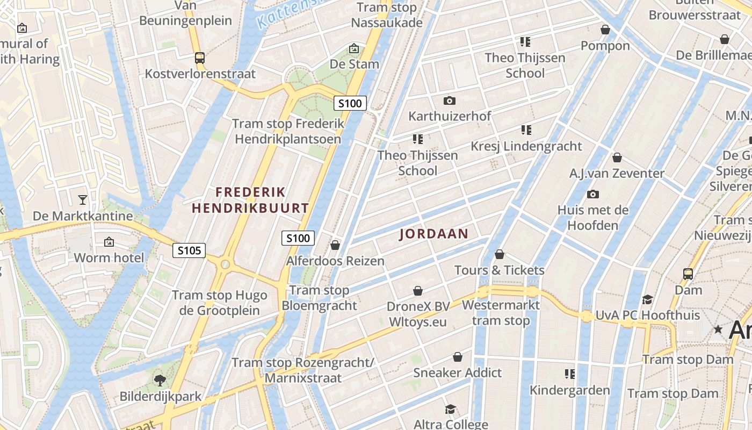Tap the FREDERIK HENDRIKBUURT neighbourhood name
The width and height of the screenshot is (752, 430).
[x=250, y=200]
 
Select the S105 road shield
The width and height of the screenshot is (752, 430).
[x=189, y=250]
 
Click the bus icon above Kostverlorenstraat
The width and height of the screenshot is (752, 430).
[x=200, y=58]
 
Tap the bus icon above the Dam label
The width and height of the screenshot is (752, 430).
[x=688, y=274]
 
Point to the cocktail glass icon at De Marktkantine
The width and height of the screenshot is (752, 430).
[x=82, y=200]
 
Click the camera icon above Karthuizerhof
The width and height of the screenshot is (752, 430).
[x=450, y=101]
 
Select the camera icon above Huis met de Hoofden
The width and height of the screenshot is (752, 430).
[x=593, y=194]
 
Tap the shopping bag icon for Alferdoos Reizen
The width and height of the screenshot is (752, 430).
[x=335, y=245]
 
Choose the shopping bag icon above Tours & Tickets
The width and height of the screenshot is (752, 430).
[x=500, y=254]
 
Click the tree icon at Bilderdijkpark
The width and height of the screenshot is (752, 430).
[x=160, y=381]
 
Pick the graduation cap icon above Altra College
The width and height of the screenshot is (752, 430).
[x=450, y=409]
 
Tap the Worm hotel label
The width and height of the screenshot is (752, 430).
[x=109, y=257]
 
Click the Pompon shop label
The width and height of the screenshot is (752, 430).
[x=605, y=46]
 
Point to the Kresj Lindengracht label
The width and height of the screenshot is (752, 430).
[x=526, y=146]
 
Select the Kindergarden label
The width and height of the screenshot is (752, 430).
[x=570, y=390]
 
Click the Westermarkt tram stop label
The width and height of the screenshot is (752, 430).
[x=501, y=313]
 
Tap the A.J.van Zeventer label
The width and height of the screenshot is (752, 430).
[x=617, y=174]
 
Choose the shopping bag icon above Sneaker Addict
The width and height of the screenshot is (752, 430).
[x=458, y=357]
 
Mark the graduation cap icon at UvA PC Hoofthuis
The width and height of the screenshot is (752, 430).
[x=647, y=299]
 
